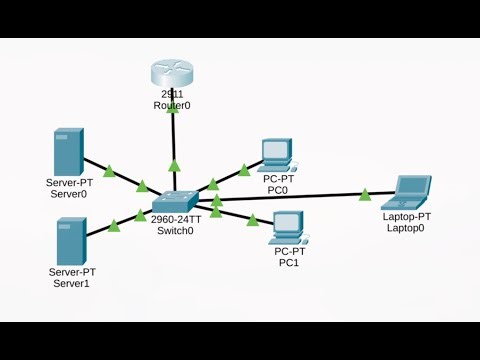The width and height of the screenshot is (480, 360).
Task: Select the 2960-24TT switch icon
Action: (x=175, y=202)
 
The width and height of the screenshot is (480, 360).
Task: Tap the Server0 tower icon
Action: (x=68, y=151)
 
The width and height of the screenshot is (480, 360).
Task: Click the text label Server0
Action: (x=69, y=194)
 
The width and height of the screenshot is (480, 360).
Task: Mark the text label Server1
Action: (x=72, y=283)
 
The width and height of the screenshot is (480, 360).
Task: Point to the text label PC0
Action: (x=276, y=189)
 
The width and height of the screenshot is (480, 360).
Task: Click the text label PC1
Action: (x=288, y=262)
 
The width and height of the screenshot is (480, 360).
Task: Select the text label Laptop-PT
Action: (x=406, y=216)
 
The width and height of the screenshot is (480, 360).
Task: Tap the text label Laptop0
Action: (x=406, y=228)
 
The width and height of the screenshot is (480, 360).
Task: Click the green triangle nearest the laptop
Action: (x=365, y=194)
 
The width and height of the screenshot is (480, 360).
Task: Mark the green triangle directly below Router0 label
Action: (x=174, y=166)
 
